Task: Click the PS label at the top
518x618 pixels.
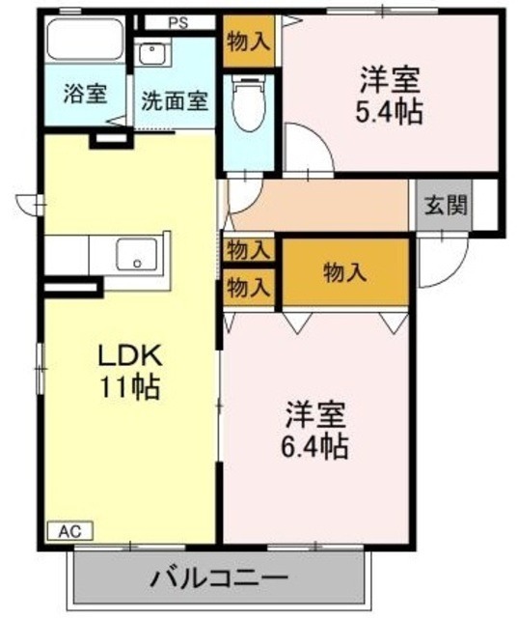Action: [x=177, y=22]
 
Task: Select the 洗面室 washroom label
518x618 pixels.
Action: [x=175, y=101]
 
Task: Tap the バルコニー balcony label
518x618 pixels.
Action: [x=217, y=581]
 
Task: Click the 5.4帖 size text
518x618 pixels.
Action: [x=390, y=112]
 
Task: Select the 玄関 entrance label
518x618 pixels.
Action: [x=445, y=206]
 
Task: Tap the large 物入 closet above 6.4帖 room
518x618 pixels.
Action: [x=344, y=272]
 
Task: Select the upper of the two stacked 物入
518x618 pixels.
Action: [x=248, y=250]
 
